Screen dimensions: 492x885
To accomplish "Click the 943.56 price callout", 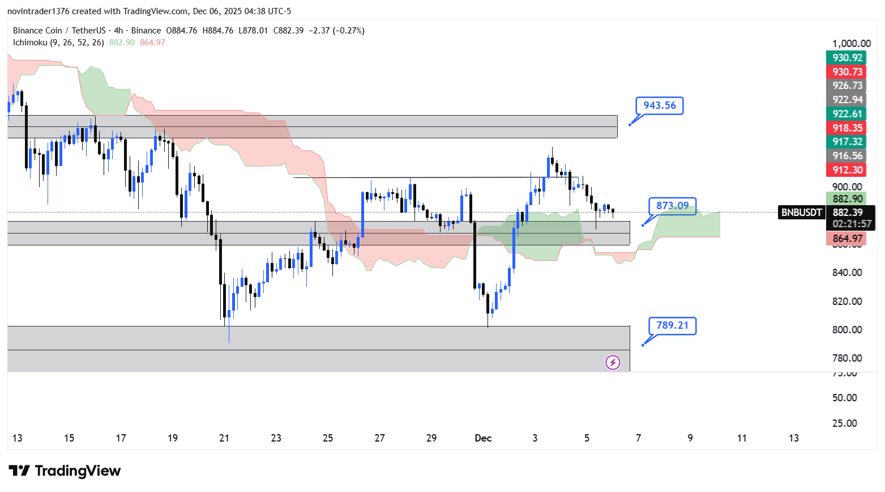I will coord(660,105).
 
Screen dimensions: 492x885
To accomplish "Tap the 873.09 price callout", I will coord(672,206).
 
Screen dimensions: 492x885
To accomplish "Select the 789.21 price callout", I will coord(672,325).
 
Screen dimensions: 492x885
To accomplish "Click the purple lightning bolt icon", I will coord(613,362).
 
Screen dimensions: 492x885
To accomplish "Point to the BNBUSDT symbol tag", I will coord(801,213).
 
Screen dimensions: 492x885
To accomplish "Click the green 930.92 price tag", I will coord(848,58).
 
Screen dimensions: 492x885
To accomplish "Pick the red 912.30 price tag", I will coord(848,170).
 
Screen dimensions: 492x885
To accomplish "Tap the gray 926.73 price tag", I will coord(848,86).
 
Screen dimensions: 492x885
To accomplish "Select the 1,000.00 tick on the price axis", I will coord(852,44).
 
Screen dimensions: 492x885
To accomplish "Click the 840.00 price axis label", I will coord(847,273).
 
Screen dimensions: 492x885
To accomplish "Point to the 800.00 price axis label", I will coord(847,330).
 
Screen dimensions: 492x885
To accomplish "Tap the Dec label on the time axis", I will coord(483,438).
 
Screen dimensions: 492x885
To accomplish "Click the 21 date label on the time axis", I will coord(224,438).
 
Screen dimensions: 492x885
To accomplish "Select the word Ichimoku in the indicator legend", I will coord(30,43).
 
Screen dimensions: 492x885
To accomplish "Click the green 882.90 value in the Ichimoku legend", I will coord(122,43).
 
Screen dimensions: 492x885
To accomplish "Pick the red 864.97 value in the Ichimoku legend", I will coord(152,43).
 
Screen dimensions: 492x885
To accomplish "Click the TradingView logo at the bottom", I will coord(65,471).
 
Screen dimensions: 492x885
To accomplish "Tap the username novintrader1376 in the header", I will coord(39,11).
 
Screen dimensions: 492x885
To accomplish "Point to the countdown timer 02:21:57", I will coord(852,224).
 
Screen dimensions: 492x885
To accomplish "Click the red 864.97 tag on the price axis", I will coord(848,239).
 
